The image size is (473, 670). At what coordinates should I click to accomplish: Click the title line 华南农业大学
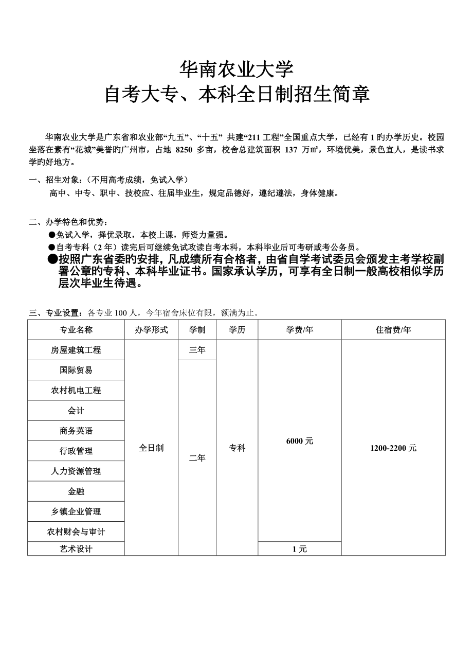click(x=236, y=68)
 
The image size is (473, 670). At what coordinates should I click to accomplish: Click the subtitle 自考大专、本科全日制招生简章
click(x=236, y=95)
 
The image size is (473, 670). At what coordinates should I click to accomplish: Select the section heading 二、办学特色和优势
click(x=68, y=222)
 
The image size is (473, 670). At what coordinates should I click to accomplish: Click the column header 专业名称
click(x=76, y=330)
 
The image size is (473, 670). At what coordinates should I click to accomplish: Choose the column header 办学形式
click(x=151, y=330)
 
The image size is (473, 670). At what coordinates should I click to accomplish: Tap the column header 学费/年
click(x=299, y=330)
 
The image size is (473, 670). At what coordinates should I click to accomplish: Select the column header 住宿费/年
click(x=393, y=330)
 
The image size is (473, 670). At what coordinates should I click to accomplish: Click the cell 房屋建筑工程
click(x=76, y=350)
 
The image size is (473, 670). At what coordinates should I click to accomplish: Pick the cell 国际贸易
click(x=76, y=370)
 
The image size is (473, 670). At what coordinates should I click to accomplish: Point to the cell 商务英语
click(x=76, y=431)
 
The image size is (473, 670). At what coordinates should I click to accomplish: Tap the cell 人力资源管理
click(x=76, y=471)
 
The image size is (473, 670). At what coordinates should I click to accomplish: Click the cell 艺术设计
click(x=76, y=549)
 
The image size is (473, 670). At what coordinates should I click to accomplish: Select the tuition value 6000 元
click(x=299, y=441)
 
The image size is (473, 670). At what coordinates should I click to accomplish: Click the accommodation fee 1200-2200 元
click(x=393, y=448)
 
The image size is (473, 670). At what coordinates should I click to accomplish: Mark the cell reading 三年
click(x=197, y=350)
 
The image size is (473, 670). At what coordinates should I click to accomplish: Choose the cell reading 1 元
click(x=299, y=549)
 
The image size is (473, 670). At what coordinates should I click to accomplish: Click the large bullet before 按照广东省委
click(x=52, y=259)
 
